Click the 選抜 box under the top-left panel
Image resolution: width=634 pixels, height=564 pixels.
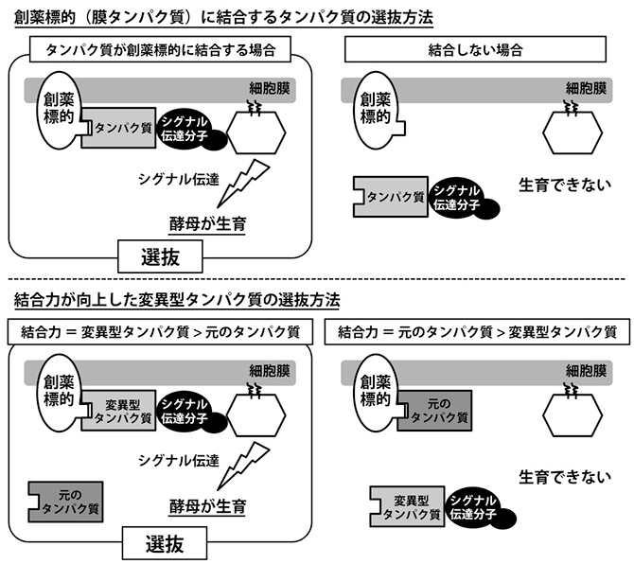click(158, 255)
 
